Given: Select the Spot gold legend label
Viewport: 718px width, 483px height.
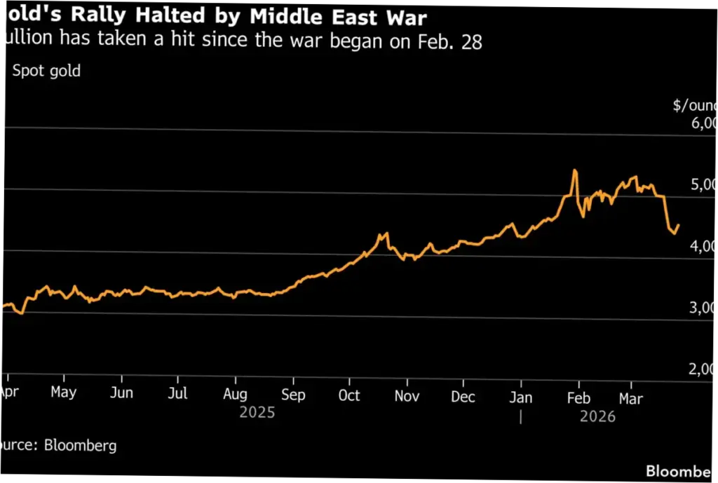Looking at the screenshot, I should click(x=46, y=72).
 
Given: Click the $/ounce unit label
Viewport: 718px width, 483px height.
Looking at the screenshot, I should click(x=695, y=106).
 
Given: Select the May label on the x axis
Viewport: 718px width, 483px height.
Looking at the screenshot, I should click(x=63, y=393).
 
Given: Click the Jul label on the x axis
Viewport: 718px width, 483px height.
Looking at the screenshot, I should click(x=178, y=394).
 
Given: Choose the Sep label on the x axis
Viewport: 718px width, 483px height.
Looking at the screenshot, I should click(x=293, y=395).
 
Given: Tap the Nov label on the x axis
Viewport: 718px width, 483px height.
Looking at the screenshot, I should click(x=407, y=396).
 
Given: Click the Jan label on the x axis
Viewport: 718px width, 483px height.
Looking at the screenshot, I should click(x=520, y=397).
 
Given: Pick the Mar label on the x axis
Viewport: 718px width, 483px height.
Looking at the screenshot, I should click(x=631, y=399).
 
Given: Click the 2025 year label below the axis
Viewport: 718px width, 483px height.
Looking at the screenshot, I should click(x=257, y=413).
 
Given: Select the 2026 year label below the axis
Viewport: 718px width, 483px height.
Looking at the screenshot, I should click(x=597, y=417).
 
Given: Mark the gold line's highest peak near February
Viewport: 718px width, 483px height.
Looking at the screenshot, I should click(x=575, y=170).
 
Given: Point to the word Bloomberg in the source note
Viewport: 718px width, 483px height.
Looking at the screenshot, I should click(x=80, y=444).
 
